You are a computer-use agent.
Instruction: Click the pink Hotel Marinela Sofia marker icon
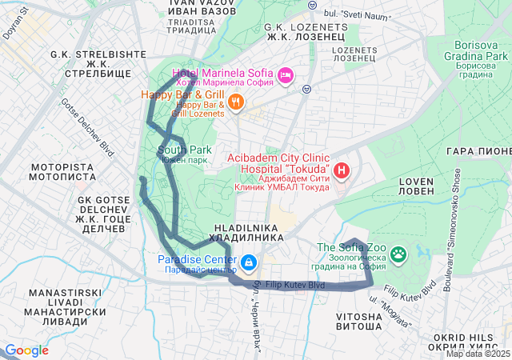(286, 77)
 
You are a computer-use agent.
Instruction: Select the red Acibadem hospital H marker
(342, 170)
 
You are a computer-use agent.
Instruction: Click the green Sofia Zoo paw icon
(398, 255)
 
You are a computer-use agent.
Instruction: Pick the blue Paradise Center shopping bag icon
(249, 262)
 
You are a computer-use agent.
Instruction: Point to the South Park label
(185, 150)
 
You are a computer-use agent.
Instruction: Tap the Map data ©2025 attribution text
(478, 354)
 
